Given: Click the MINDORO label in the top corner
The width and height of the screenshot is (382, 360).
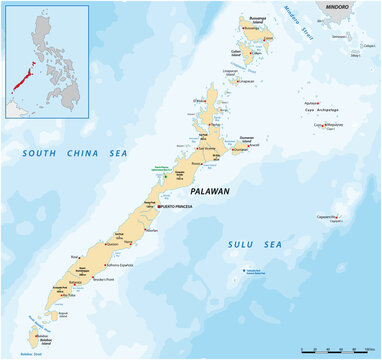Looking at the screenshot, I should pos(340,6).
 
